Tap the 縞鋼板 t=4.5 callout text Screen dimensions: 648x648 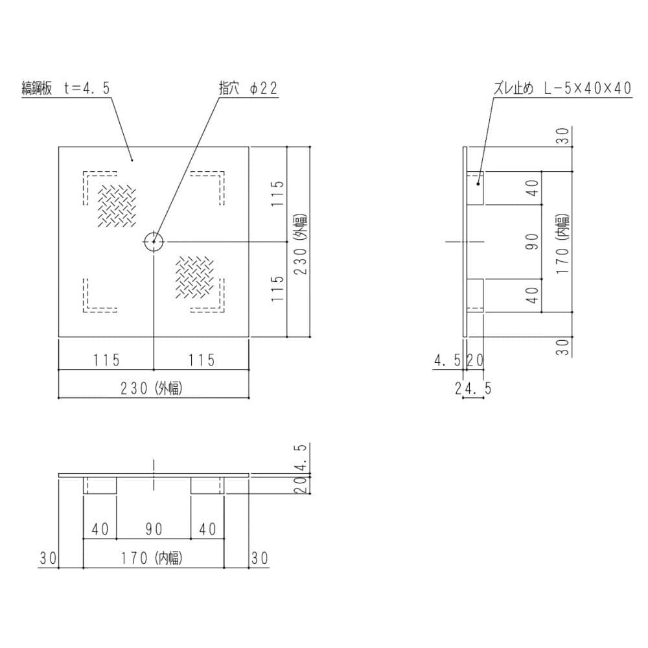point(66,88)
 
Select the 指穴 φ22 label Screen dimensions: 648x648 point(248,88)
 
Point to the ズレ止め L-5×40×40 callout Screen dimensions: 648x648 point(562,88)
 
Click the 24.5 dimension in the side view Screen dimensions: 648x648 point(473,388)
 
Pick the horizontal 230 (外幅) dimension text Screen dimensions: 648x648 point(151,388)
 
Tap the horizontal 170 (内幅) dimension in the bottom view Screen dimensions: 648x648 point(151,559)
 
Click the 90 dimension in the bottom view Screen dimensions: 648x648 point(154,529)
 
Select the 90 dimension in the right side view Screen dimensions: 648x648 point(533,242)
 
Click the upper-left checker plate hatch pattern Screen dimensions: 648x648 point(117,206)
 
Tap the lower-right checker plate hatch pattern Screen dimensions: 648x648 point(194,277)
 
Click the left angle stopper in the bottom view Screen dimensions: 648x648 point(100,485)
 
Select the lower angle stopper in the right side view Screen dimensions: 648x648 point(475,295)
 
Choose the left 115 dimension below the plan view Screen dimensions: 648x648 point(106,360)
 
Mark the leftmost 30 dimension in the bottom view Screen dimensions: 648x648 point(48,559)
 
